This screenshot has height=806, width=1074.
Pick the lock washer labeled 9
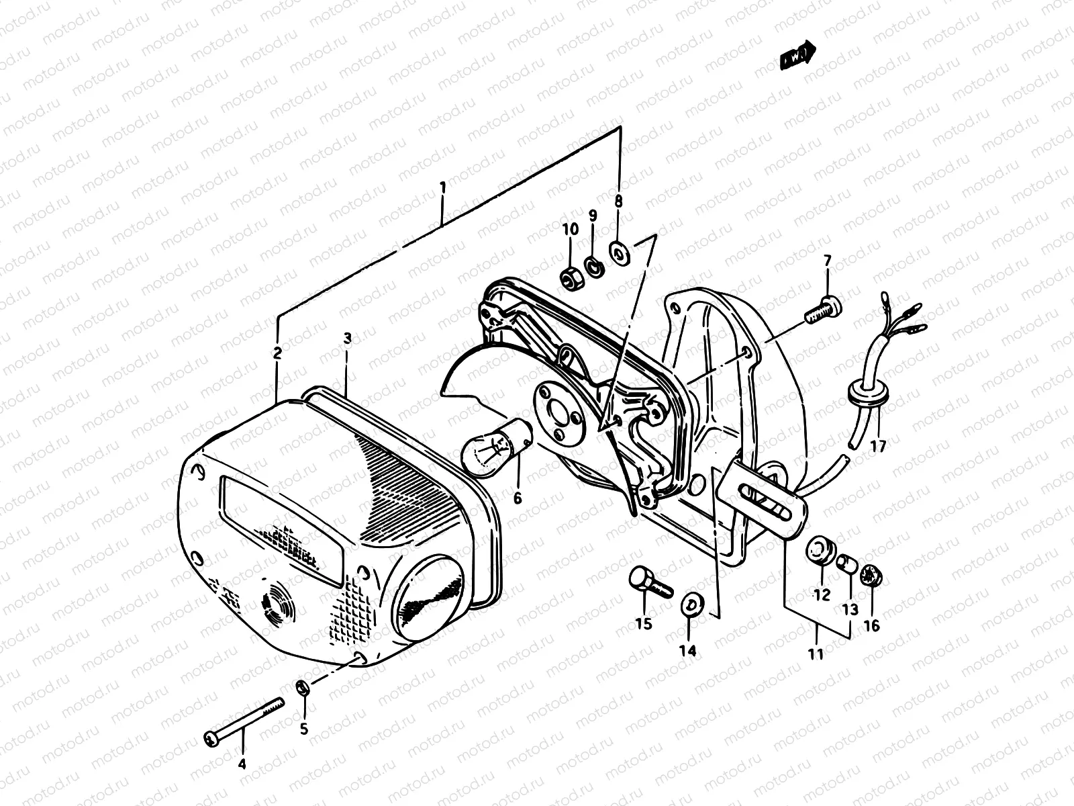point(593,267)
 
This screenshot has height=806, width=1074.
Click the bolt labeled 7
point(822,310)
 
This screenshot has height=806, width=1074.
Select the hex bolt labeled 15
point(648,582)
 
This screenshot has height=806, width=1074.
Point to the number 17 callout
point(878,445)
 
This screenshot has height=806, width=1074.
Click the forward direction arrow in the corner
point(797,58)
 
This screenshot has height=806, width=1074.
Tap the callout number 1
point(442,187)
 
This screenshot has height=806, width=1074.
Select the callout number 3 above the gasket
point(347,340)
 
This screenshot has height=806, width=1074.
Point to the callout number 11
point(816,653)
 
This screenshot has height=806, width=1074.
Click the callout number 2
point(277,351)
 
